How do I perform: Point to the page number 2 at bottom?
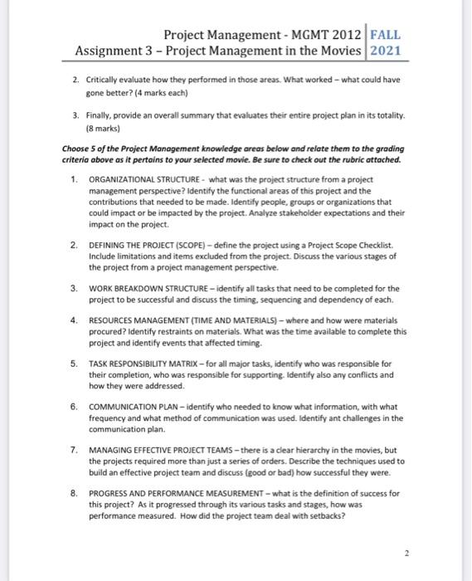click(x=406, y=552)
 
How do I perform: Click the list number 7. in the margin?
click(x=74, y=448)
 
